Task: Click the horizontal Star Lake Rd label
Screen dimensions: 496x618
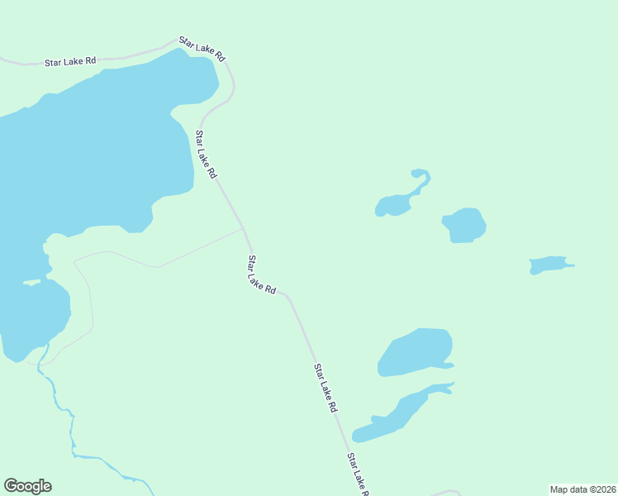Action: [70, 61]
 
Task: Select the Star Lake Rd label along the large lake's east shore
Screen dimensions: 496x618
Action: [206, 155]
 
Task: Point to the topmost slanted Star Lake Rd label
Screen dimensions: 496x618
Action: [202, 48]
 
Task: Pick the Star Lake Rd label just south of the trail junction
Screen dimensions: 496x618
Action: [261, 274]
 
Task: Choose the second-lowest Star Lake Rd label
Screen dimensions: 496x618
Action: [326, 388]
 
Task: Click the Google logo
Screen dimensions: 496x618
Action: [27, 486]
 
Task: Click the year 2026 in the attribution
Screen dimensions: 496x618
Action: [604, 489]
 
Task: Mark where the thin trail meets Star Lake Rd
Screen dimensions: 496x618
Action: [244, 229]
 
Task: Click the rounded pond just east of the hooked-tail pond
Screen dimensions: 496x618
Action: [465, 225]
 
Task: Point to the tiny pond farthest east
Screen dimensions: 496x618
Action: [549, 265]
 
